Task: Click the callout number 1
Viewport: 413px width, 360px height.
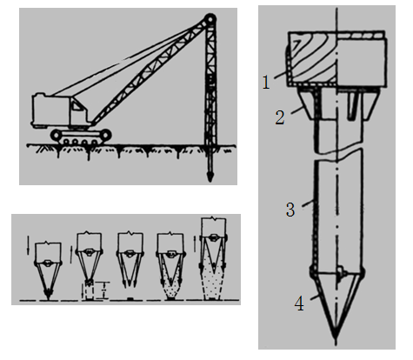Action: click(266, 82)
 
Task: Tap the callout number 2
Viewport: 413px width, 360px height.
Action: click(280, 117)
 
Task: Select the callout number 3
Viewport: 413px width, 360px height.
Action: click(290, 210)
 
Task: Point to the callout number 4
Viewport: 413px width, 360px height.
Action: click(299, 304)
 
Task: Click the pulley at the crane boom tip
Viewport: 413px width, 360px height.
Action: click(210, 20)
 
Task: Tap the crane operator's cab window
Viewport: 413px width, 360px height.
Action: click(77, 105)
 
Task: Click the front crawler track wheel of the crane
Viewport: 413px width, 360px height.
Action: click(104, 135)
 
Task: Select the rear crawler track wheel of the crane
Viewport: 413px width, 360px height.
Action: click(57, 135)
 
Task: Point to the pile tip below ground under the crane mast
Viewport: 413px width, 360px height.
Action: click(210, 176)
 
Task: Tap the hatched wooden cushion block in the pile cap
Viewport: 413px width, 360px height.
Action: click(313, 58)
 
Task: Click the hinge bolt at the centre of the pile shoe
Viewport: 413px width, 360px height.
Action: click(339, 273)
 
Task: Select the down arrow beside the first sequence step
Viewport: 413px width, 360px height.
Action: click(28, 246)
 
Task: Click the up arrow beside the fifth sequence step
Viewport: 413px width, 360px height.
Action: click(195, 244)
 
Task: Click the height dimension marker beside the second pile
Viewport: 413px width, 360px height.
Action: click(105, 290)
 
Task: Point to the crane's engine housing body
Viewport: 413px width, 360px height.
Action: click(50, 110)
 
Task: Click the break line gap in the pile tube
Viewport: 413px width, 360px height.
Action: click(338, 156)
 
